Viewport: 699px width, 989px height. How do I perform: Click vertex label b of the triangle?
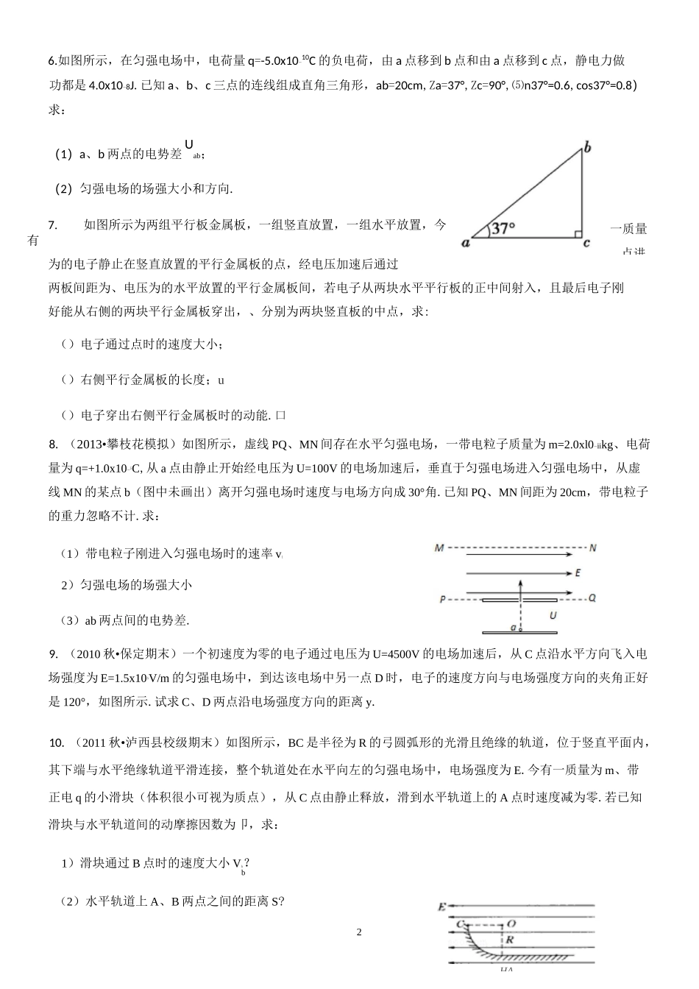[x=587, y=148]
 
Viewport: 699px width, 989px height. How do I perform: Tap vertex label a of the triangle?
[x=466, y=242]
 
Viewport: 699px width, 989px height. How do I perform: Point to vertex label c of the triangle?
[x=586, y=243]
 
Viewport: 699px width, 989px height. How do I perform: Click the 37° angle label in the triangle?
[x=503, y=228]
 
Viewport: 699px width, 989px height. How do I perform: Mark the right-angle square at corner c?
[x=578, y=234]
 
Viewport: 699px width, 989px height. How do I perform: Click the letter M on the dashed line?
[x=439, y=548]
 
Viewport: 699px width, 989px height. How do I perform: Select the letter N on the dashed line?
[x=593, y=548]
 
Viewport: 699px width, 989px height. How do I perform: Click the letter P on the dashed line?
[x=442, y=599]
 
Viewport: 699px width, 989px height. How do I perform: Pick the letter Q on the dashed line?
[x=592, y=598]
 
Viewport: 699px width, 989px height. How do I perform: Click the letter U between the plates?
[x=553, y=614]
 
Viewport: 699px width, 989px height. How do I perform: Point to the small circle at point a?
[x=519, y=630]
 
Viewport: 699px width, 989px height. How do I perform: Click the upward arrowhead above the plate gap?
[x=519, y=582]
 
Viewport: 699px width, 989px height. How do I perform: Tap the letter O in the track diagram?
[x=511, y=924]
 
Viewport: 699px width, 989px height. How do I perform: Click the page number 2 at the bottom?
[x=359, y=932]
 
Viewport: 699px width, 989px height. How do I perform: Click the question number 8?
[x=54, y=444]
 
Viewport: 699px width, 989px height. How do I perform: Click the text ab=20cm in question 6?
[x=400, y=85]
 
